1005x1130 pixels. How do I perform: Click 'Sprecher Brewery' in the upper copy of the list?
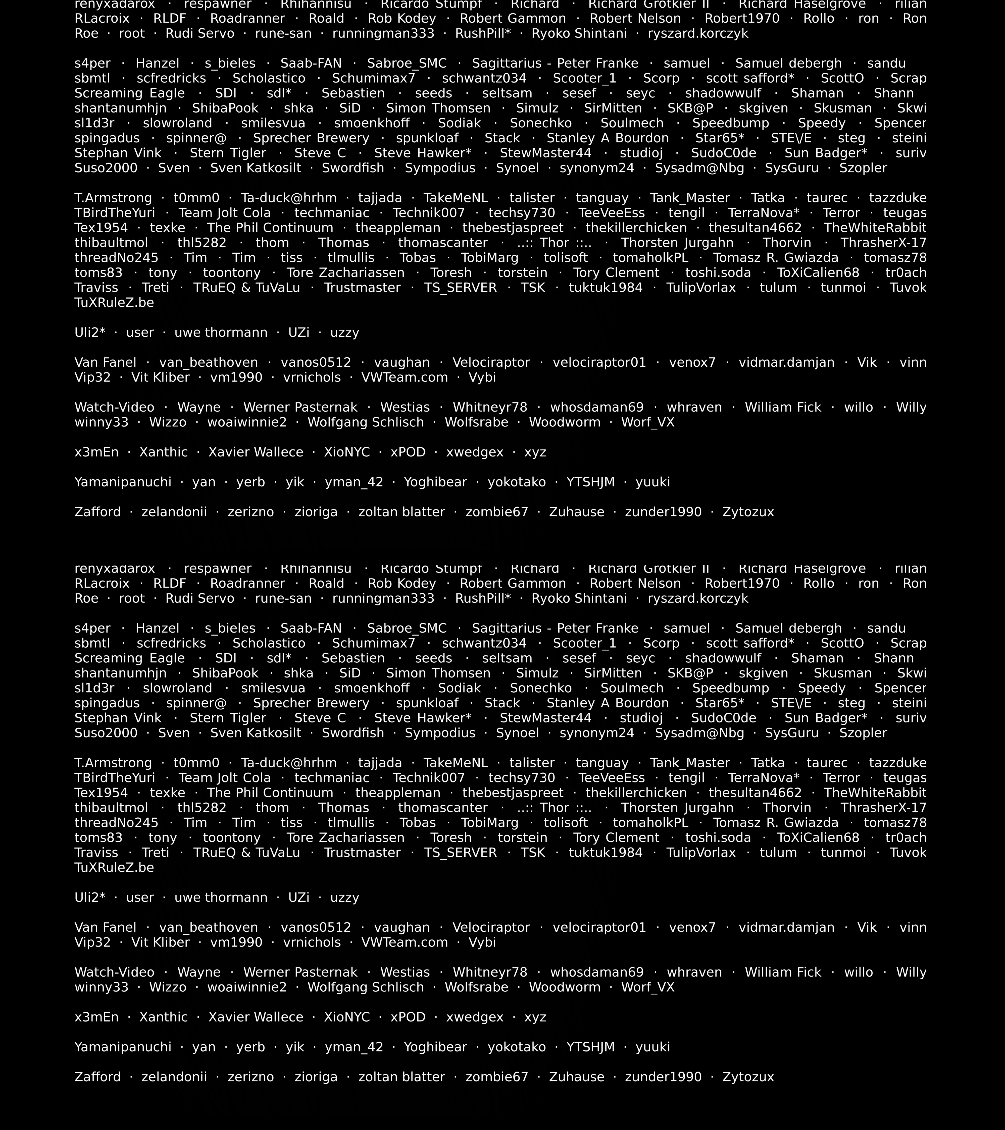(311, 138)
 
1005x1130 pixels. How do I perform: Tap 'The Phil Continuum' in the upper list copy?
(270, 228)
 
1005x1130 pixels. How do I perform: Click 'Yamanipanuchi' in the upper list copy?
(123, 482)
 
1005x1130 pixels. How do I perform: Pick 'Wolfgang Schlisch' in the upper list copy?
(366, 422)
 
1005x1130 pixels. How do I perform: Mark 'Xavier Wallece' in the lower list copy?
(256, 1017)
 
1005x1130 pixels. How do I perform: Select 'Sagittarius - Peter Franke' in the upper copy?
(555, 64)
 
